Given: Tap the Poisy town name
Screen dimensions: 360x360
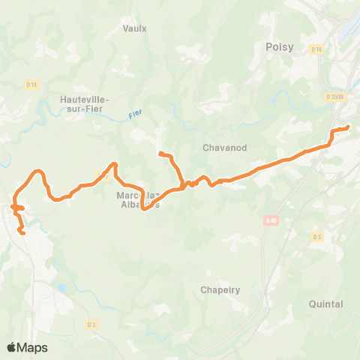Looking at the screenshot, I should pyautogui.click(x=279, y=47).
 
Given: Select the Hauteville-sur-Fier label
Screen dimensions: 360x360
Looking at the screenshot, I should pyautogui.click(x=85, y=103).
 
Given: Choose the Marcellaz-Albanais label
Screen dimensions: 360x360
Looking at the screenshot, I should pyautogui.click(x=138, y=200).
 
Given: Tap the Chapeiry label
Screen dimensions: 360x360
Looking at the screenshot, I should pyautogui.click(x=219, y=289).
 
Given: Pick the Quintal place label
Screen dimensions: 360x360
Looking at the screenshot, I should pyautogui.click(x=325, y=304).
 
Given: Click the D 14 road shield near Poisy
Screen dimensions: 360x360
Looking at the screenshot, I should pyautogui.click(x=316, y=49).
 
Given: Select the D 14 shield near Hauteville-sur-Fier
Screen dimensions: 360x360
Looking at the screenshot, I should pyautogui.click(x=31, y=85).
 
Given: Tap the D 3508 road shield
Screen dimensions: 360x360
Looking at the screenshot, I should pyautogui.click(x=334, y=96).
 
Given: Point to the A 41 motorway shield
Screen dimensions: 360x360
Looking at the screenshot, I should pyautogui.click(x=271, y=220).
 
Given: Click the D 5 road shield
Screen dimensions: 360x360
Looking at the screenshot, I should pyautogui.click(x=317, y=237).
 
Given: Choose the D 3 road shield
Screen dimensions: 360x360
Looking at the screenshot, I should pyautogui.click(x=91, y=324).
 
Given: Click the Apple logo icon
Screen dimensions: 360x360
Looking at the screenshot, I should pyautogui.click(x=12, y=347).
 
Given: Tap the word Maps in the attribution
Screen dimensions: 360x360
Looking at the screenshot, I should pyautogui.click(x=32, y=347).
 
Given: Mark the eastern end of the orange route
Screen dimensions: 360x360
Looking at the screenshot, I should pyautogui.click(x=347, y=127).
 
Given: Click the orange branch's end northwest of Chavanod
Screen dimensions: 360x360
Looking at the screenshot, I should pyautogui.click(x=160, y=154).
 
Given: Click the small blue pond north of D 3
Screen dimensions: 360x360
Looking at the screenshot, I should pyautogui.click(x=61, y=287).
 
